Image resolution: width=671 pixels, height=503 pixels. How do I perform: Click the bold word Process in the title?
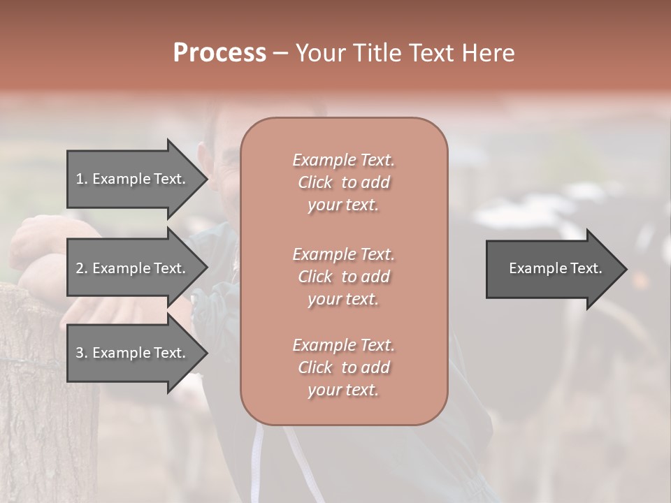coord(219,53)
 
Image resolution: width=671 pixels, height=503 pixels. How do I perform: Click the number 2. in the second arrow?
coord(82,268)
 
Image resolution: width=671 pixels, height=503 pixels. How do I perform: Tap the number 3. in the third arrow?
coord(82,353)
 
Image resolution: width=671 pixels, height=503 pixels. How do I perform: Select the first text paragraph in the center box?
coord(343,182)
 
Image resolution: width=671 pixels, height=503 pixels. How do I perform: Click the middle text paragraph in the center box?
coord(343,276)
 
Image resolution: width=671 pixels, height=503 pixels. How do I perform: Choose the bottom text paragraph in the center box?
coord(343,367)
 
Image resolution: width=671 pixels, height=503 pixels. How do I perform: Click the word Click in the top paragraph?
coord(315,182)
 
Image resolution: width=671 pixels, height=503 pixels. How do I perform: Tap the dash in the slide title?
coord(280,54)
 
